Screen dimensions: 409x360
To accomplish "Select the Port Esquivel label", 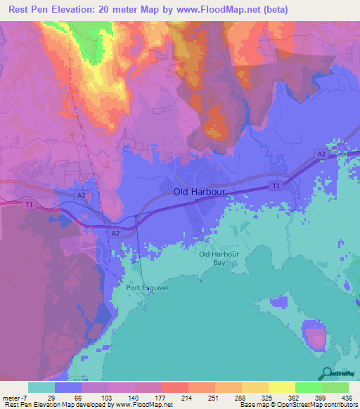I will pyautogui.click(x=148, y=287).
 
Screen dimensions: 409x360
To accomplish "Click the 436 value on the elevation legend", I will pyautogui.click(x=347, y=397).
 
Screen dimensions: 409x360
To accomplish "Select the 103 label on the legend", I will pyautogui.click(x=106, y=397).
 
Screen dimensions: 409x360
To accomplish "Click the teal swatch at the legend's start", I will pyautogui.click(x=41, y=387).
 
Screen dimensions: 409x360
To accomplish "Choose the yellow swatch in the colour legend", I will pyautogui.click(x=281, y=387).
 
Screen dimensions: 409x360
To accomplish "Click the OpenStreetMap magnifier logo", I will pyautogui.click(x=326, y=373).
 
